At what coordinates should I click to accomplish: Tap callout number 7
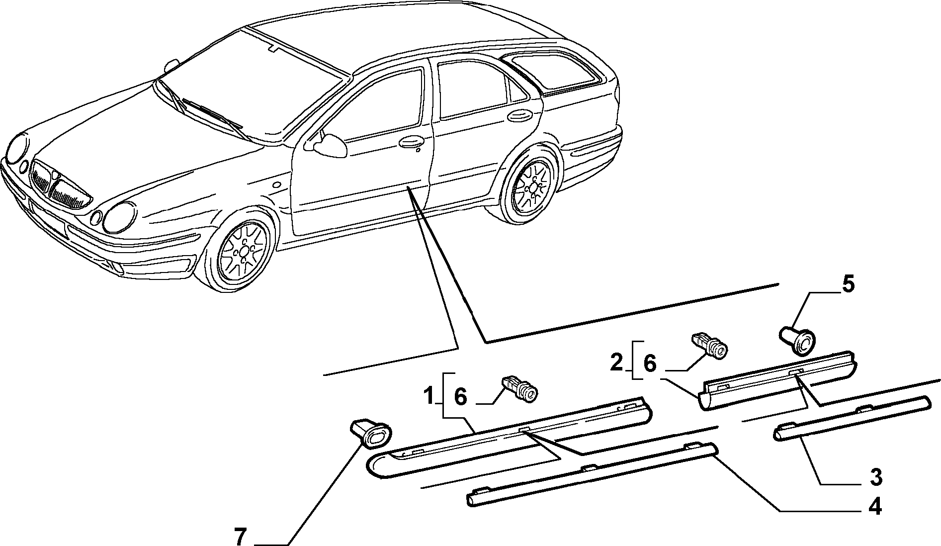240,537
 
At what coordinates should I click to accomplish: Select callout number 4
874,507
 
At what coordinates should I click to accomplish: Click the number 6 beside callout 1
461,397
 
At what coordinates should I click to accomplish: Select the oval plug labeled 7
371,431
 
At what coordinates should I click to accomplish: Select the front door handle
411,142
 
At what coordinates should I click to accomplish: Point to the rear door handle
519,116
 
